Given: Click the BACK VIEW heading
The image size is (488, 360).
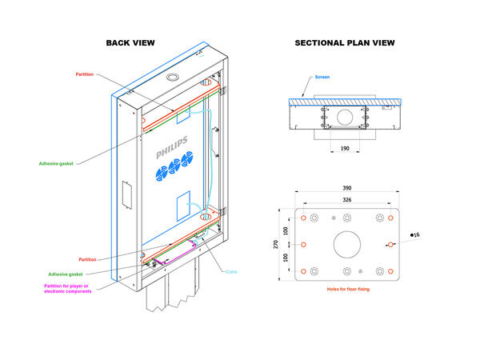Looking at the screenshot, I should [x=130, y=42].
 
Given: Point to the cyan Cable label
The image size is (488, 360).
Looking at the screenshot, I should [x=231, y=270].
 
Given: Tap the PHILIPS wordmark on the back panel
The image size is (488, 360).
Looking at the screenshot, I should [x=173, y=149].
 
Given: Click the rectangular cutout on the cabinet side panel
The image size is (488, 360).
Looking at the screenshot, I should [x=124, y=197].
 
